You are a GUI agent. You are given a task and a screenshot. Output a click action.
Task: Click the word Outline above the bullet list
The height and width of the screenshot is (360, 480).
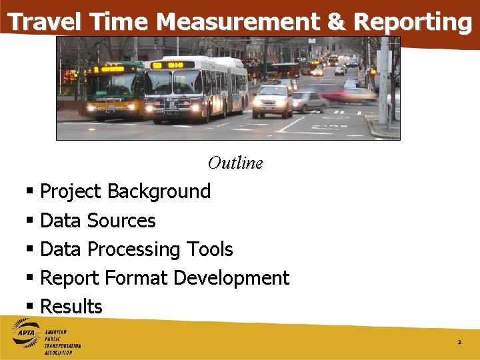(235, 163)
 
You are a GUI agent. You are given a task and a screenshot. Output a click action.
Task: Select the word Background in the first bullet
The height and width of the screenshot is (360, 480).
(159, 191)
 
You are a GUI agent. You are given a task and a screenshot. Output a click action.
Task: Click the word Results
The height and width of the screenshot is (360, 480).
(71, 307)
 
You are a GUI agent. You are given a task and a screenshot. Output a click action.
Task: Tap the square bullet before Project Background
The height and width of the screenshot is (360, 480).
(29, 192)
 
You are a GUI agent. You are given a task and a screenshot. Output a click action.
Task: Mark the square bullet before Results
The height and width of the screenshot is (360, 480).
(29, 307)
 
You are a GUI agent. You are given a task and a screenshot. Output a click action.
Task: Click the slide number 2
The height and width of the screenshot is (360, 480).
(459, 342)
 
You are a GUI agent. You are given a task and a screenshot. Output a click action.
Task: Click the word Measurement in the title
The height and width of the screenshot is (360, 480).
(237, 22)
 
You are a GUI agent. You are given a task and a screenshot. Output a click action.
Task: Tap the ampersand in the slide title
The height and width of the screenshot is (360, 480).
(336, 22)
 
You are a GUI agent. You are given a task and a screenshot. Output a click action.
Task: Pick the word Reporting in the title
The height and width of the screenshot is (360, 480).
(413, 22)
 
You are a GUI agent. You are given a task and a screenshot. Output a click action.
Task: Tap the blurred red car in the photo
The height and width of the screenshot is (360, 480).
(347, 93)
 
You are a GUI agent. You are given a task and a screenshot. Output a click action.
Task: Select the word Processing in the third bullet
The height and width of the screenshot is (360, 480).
(135, 249)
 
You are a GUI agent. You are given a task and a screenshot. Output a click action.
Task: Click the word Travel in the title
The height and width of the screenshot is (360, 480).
(45, 22)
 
